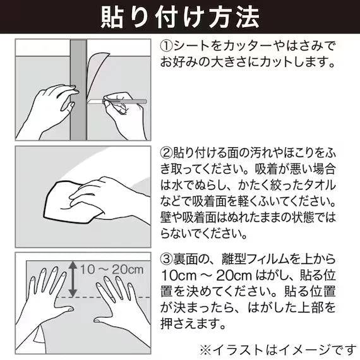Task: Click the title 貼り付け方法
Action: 180,17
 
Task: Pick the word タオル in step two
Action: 318,185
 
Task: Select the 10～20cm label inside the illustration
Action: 112,269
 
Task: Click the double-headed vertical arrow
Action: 73,279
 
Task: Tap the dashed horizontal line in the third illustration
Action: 103,297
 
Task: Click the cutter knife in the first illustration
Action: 117,102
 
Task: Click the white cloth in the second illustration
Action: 69,202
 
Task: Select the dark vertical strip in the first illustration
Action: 78,90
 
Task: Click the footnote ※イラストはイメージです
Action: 277,350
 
